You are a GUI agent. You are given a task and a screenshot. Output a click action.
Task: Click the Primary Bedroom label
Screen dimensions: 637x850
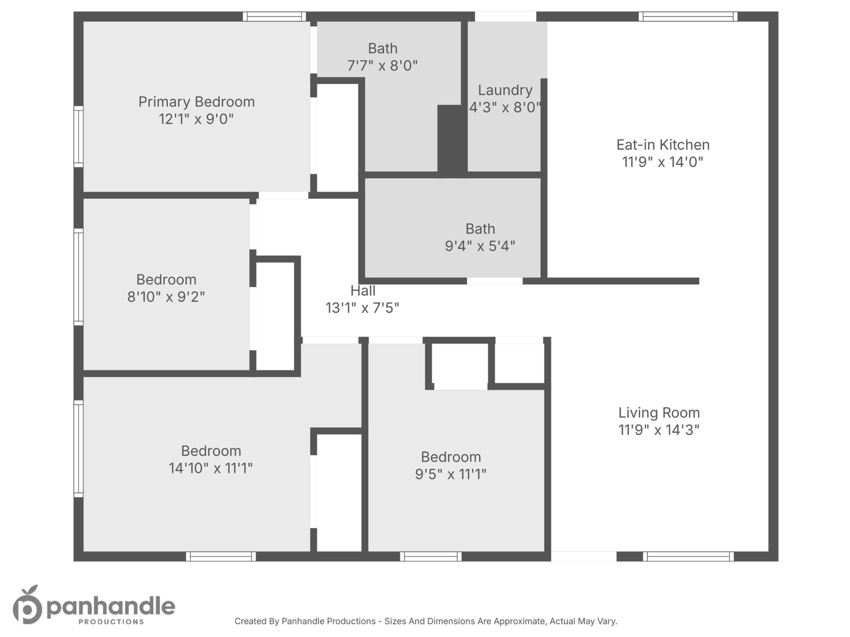pos(196,102)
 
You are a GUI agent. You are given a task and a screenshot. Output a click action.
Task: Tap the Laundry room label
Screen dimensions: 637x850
pos(505,90)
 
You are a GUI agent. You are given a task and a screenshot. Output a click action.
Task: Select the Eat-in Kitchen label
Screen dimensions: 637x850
pos(663,145)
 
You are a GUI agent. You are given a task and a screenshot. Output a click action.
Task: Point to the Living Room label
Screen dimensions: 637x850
pos(659,413)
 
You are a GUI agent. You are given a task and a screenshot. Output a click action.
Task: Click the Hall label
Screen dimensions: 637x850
pos(363,291)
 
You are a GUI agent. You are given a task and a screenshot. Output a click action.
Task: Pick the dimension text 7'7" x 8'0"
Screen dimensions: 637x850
pos(382,66)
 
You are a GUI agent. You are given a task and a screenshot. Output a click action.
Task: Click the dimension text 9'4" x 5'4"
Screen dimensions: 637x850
pos(480,246)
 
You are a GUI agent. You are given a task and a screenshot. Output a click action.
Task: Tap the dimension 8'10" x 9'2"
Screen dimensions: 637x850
pos(166,297)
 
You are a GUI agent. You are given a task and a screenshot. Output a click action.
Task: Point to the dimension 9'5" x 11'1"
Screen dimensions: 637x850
pos(451,474)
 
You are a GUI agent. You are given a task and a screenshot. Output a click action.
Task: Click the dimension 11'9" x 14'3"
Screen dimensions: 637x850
pos(659,430)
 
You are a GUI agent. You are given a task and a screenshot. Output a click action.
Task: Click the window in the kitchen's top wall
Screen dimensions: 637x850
pos(688,16)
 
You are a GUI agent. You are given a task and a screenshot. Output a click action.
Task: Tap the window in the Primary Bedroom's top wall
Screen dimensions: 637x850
pos(274,16)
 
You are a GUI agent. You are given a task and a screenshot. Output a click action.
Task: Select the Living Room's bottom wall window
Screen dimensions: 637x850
pos(688,556)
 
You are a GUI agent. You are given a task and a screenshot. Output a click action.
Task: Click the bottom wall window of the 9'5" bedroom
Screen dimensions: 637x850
pos(431,556)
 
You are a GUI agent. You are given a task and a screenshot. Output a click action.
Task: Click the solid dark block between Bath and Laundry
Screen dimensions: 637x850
pos(452,140)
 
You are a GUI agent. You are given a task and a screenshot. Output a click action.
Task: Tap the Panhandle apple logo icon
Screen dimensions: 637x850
pos(27,604)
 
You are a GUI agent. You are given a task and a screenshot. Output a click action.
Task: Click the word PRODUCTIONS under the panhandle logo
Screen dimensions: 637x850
pos(111,621)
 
